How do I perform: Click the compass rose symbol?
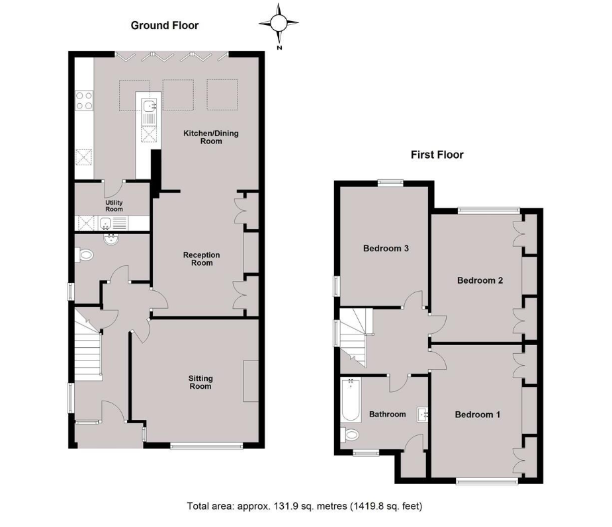click(279, 23)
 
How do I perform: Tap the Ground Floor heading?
click(165, 26)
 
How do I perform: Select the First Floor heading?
click(437, 155)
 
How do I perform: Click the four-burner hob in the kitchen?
click(84, 101)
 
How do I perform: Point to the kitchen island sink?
click(149, 106)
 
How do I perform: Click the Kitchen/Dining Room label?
click(211, 138)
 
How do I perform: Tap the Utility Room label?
click(114, 206)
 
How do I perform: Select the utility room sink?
click(106, 223)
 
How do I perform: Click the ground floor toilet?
click(84, 255)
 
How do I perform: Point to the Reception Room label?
click(202, 259)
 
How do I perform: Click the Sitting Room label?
click(200, 382)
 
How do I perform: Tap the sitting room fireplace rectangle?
click(251, 381)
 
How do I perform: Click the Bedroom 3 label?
click(386, 249)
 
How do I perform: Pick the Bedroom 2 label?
click(480, 280)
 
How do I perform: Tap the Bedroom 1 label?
click(478, 415)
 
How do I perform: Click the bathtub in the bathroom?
click(351, 399)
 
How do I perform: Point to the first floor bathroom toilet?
click(350, 434)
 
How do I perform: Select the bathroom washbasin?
click(422, 415)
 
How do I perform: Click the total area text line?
click(305, 507)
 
